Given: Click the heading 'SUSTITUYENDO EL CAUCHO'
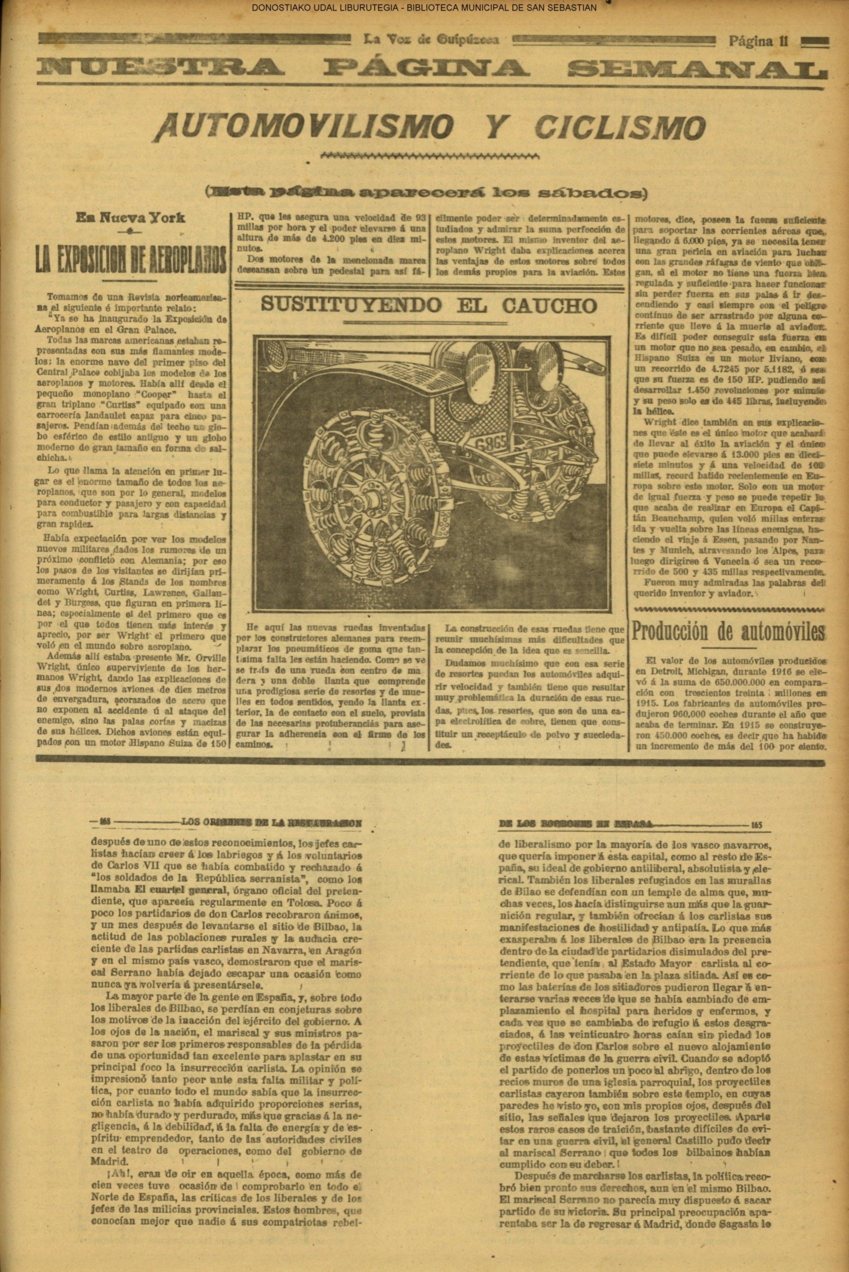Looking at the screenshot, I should (429, 306).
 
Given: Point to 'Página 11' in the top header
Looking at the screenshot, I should (758, 41).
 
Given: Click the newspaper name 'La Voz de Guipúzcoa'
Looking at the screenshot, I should (431, 40).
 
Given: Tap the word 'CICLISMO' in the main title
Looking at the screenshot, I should (620, 127).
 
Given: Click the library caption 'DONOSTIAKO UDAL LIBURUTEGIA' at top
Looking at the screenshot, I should (337, 8).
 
